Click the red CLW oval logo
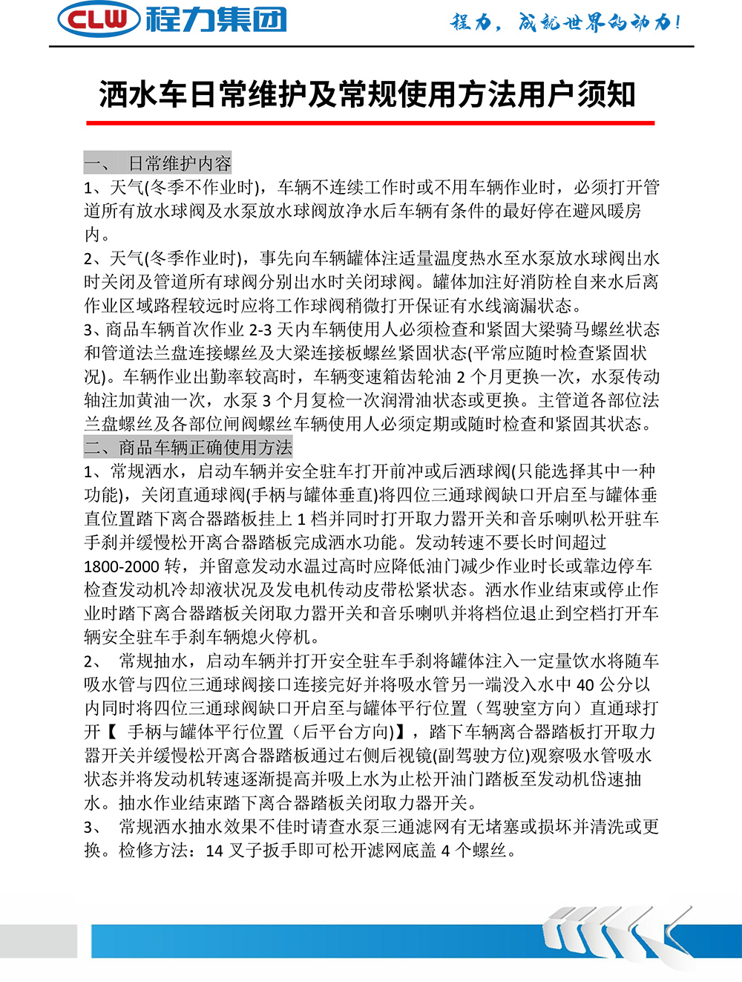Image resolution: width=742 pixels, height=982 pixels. tap(99, 20)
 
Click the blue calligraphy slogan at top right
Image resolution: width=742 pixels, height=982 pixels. tap(565, 22)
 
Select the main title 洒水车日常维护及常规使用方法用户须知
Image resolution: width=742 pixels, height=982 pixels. tap(368, 94)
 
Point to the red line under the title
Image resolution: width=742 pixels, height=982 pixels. tap(370, 122)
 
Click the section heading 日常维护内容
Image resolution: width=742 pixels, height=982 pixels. tap(180, 163)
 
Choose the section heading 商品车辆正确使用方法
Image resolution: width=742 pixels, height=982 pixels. tap(206, 447)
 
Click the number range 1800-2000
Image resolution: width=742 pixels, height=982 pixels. tap(122, 566)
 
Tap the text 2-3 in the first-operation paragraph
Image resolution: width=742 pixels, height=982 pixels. tap(260, 330)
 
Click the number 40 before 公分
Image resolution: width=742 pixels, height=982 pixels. tap(585, 684)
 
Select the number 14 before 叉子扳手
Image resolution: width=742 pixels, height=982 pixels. tap(214, 851)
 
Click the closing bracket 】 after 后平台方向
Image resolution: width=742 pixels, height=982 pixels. tap(399, 732)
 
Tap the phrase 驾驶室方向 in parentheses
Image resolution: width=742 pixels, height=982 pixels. tap(528, 708)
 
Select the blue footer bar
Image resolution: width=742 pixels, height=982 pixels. tap(312, 941)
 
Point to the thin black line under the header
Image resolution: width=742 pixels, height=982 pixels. tap(371, 47)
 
